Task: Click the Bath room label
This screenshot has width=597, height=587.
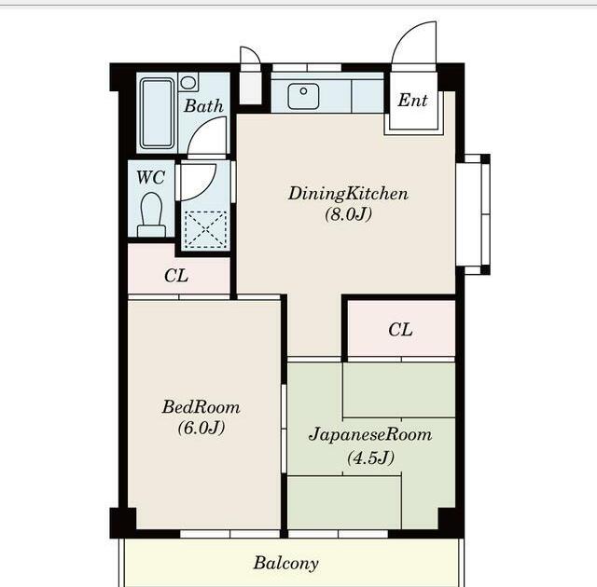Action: (x=203, y=105)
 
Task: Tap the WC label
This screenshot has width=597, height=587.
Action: (x=151, y=177)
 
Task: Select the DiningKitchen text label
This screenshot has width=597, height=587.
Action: (x=348, y=194)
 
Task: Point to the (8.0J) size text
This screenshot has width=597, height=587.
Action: (x=348, y=214)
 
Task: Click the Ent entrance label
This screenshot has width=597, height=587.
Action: (x=412, y=100)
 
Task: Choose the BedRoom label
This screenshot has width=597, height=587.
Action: (x=201, y=407)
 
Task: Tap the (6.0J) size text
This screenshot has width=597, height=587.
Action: (x=201, y=428)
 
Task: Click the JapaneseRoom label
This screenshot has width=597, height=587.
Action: (x=370, y=434)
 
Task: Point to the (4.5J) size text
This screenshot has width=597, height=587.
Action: (x=370, y=457)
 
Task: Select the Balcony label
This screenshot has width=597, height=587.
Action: (x=286, y=563)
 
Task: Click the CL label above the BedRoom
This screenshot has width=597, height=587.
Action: (x=176, y=276)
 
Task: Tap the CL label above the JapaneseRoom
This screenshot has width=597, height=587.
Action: (x=400, y=330)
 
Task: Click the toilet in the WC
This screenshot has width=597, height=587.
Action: (x=151, y=214)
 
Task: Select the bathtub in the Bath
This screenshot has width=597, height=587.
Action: (x=157, y=114)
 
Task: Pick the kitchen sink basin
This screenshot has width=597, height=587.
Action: (x=303, y=97)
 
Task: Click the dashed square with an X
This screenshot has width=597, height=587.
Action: (x=205, y=229)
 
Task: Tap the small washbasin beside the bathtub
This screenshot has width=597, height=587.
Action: (x=187, y=83)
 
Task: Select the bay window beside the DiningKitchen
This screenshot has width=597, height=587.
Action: (x=473, y=214)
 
